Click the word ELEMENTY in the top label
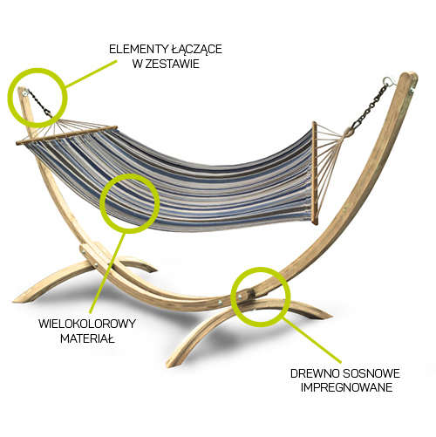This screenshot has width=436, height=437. pos(135,49)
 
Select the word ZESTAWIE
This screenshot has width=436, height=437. pos(172,64)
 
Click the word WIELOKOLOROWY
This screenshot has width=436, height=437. pos(87,324)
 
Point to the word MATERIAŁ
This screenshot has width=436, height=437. pos(87,338)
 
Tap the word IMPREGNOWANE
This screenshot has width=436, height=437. pos(346,387)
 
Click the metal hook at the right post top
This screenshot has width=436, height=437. pos(388,80)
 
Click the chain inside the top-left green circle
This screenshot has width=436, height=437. pos(39,102)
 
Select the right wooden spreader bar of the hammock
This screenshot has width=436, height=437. pos(315,173)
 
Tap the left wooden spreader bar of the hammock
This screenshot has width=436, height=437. pos(67,135)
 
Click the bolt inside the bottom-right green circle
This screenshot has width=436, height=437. pos(240,297)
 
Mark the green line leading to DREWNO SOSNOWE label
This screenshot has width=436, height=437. pos(312,340)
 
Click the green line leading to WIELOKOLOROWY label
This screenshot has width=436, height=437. pos(107,273)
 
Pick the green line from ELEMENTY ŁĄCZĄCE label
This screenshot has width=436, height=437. pos(91,74)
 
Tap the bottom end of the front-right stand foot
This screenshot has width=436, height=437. pos(168,365)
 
